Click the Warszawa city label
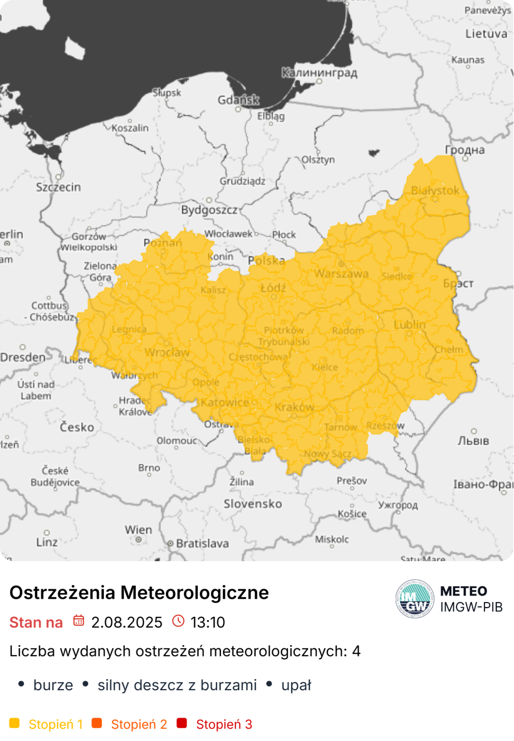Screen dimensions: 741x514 pos(341,274)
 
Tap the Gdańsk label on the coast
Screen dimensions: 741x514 pos(238,100)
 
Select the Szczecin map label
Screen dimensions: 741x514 pos(58,187)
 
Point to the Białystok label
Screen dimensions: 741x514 pos(435,190)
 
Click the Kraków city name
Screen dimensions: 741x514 pos(295,407)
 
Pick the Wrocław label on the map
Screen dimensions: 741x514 pos(167,352)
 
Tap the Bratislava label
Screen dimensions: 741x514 pos(202,543)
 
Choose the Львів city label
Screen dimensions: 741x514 pos(473,441)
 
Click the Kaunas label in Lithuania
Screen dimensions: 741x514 pos(468,60)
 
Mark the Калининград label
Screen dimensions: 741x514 pos(319,73)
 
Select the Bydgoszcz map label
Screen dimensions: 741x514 pos(209,210)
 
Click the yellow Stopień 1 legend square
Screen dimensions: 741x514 pos(14,723)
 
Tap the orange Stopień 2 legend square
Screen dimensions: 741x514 pos(97,723)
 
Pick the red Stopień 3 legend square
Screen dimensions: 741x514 pos(182,723)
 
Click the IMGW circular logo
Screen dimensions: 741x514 pos(415,599)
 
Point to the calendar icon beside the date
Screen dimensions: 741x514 pos(79,620)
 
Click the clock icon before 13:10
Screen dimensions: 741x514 pos(178,620)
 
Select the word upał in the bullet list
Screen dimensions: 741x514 pos(296,685)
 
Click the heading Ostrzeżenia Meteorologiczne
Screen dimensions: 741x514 pos(139,592)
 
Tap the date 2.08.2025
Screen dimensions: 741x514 pos(127,622)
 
